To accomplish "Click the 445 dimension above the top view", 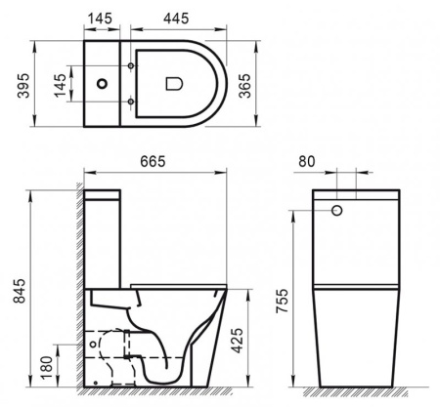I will pyautogui.click(x=176, y=19).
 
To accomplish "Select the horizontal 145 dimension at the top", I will pyautogui.click(x=99, y=19).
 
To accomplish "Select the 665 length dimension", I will pyautogui.click(x=152, y=160).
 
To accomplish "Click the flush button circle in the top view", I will pyautogui.click(x=101, y=85).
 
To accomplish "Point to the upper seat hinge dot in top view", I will pyautogui.click(x=130, y=66).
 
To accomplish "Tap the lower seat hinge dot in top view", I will pyautogui.click(x=130, y=102).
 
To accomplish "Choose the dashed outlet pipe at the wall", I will pyautogui.click(x=108, y=346).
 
